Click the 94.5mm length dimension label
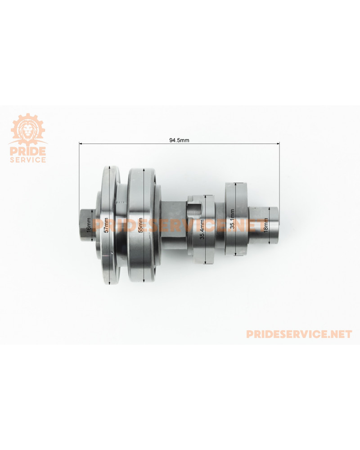click(x=179, y=140)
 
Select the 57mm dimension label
click(x=107, y=225)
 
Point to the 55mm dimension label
click(x=140, y=225)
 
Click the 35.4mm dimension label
click(x=202, y=229)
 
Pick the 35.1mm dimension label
click(x=232, y=219)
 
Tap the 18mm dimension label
click(x=266, y=225)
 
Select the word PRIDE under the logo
click(x=28, y=151)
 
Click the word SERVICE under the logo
click(x=28, y=160)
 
